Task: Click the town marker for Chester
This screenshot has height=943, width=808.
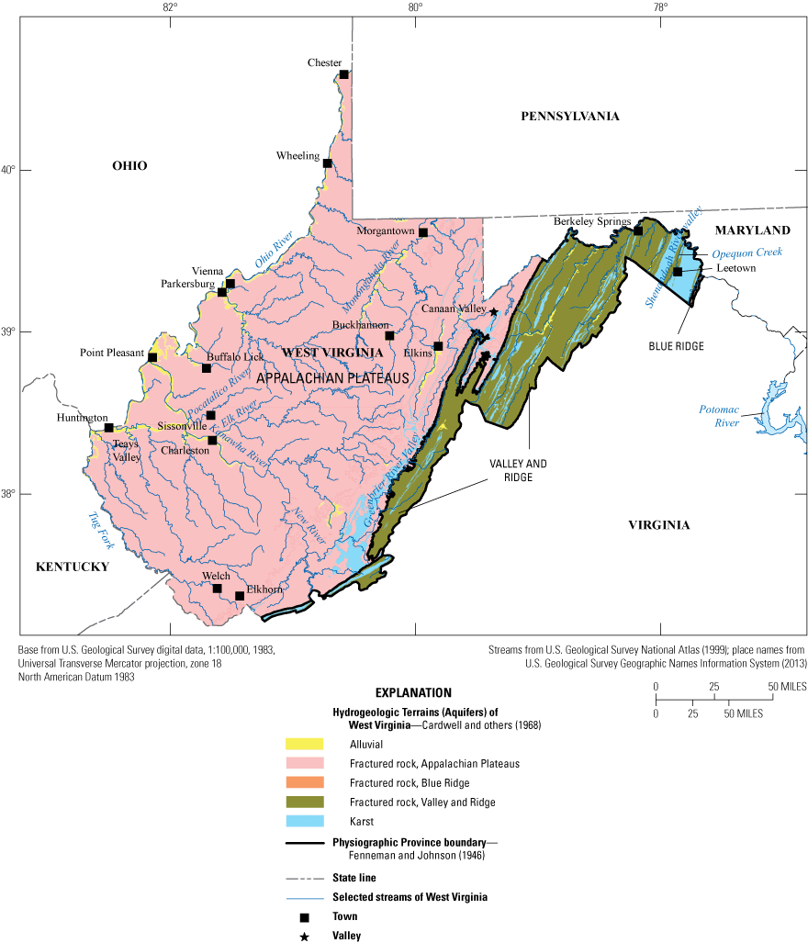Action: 343,74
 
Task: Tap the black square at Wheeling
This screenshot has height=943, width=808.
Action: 327,163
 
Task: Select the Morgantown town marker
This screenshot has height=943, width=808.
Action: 423,232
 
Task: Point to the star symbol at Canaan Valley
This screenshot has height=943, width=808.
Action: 493,312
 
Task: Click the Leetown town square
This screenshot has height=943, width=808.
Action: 678,272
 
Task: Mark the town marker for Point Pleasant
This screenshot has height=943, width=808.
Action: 152,357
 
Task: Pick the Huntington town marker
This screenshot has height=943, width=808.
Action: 108,428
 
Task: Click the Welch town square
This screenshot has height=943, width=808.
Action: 218,589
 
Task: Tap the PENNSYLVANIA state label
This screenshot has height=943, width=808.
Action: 569,116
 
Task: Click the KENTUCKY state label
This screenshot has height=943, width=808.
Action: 73,567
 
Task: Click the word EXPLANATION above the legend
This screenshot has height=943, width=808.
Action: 414,693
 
